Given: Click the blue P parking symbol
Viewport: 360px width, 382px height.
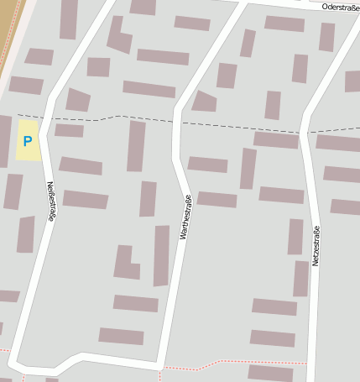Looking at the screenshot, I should coord(28,142).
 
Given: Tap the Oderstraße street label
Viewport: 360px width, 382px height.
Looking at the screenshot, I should coord(340,7).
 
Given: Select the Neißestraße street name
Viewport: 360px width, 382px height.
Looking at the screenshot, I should coord(51,201).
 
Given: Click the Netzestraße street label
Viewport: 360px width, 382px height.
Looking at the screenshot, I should coord(316,246).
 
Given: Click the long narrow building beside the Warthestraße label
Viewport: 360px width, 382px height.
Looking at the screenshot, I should coord(161,255).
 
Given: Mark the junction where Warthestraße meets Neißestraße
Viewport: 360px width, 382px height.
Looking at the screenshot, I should coord(159,365).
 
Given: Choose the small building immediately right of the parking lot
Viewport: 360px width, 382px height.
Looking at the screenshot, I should coord(69,130).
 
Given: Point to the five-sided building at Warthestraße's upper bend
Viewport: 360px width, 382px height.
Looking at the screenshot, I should coord(203,102).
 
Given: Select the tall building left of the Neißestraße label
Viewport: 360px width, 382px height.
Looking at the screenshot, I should coord(26,234).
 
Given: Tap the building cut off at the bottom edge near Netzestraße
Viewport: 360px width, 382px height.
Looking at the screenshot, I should coord(270,373).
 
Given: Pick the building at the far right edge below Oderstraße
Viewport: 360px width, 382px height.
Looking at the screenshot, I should coord(352,81).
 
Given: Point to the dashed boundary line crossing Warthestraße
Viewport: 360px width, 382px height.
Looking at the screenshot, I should coord(179,122).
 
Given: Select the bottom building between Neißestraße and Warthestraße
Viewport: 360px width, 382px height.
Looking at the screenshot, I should coord(121,336).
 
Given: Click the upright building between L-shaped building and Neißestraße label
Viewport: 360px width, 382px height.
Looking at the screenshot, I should coord(148,199).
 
